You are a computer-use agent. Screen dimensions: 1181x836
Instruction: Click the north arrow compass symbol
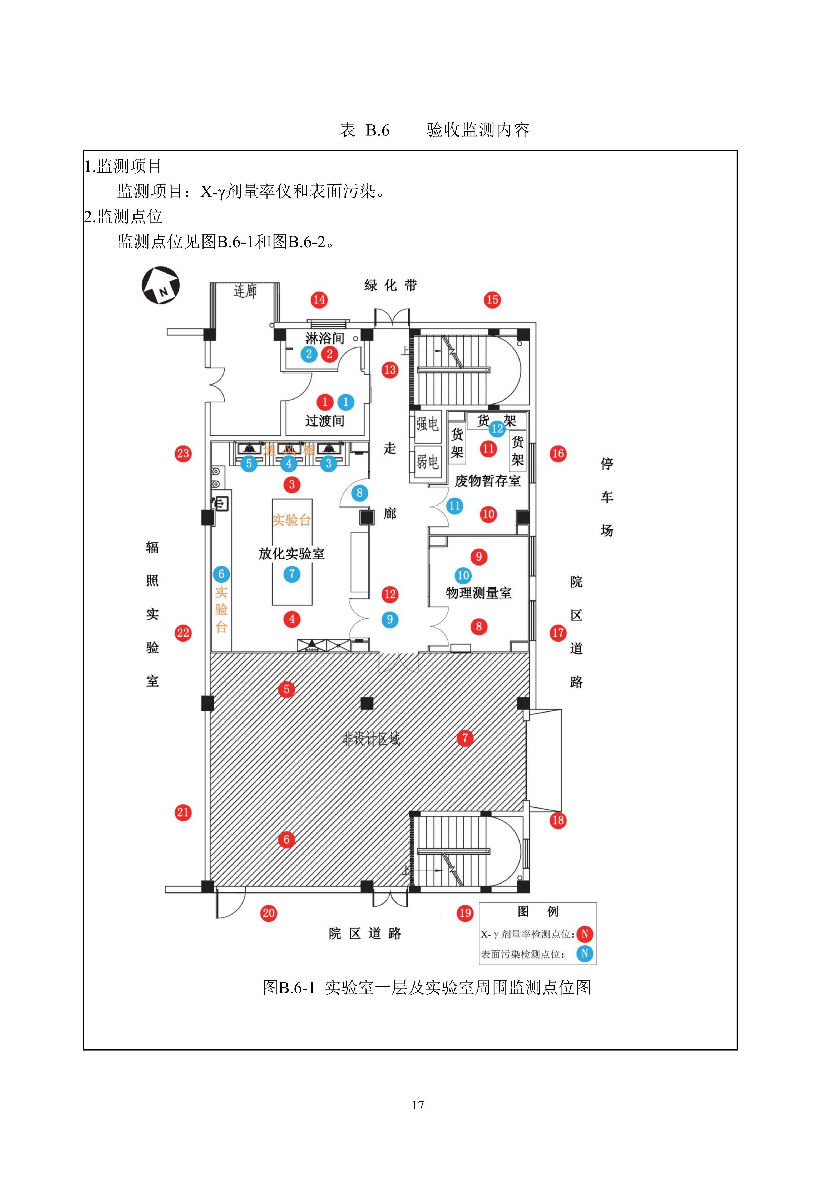click(161, 285)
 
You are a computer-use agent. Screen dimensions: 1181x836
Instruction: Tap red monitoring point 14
click(319, 300)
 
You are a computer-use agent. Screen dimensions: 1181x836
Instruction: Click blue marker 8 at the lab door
click(360, 493)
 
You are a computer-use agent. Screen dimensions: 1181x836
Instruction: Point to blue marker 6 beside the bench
click(221, 574)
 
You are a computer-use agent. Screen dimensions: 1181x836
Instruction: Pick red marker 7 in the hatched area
click(465, 738)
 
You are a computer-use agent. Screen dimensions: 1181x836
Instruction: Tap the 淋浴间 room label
click(325, 339)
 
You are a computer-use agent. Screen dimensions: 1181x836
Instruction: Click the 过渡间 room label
click(325, 421)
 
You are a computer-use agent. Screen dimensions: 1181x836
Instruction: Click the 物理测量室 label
click(479, 593)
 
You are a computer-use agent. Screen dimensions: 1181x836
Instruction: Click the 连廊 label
click(245, 291)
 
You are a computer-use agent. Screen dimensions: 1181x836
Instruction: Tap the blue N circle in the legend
click(585, 954)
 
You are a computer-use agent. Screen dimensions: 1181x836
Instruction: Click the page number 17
click(418, 1105)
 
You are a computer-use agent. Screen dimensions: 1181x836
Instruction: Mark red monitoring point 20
click(269, 913)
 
